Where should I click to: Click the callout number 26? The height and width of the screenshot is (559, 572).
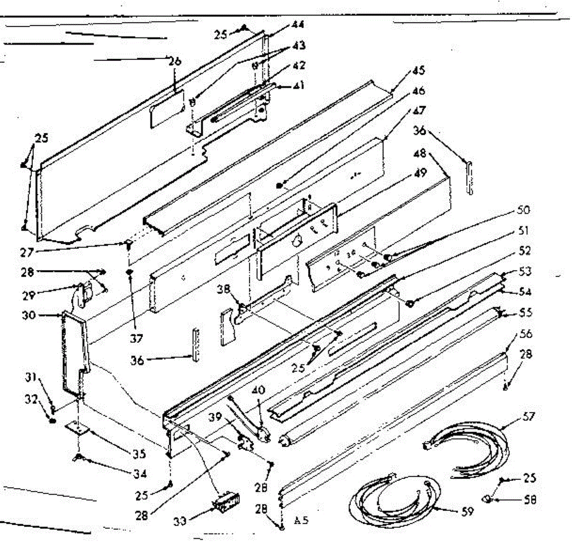[175, 61]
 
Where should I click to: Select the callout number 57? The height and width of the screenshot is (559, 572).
[529, 417]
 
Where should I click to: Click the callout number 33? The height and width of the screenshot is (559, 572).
[180, 522]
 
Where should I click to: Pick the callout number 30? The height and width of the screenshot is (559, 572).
[29, 315]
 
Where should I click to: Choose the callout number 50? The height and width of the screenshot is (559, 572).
[522, 210]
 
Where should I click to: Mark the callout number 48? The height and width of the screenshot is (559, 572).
[420, 154]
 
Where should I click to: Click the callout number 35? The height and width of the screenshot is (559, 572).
[139, 454]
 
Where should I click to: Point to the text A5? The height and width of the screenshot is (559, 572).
[301, 520]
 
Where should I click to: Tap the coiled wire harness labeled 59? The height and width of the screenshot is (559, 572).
[396, 498]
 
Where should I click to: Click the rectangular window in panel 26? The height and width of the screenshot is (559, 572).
[166, 110]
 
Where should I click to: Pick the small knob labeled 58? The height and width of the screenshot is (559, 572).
[488, 499]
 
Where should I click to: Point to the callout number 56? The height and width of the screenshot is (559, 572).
[525, 334]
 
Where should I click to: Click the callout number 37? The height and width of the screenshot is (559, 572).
[136, 339]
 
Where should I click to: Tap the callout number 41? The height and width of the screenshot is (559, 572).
[299, 86]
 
